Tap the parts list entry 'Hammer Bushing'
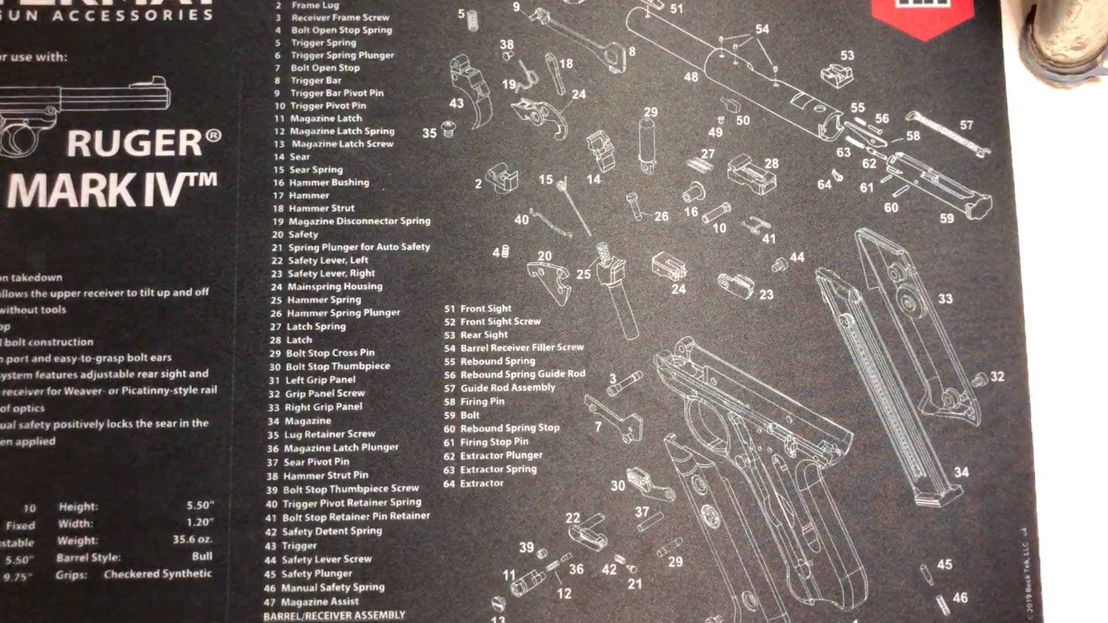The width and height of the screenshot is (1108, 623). coord(328,182)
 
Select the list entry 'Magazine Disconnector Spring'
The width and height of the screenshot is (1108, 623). coord(359,221)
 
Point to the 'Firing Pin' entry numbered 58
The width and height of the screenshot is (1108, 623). coord(482,401)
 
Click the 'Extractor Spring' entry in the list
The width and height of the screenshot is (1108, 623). coord(498,470)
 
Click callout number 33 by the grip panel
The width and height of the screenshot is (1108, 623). coord(945,299)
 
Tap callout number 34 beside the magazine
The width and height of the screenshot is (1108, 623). coord(961,472)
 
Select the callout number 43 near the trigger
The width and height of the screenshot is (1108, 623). coord(456,103)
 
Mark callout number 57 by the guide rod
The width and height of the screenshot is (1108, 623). coord(966,125)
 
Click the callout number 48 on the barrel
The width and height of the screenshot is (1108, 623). coord(691,77)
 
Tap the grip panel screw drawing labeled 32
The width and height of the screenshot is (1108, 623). coord(980,380)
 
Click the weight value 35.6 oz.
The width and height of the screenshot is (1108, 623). coord(193,539)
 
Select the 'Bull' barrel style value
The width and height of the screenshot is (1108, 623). coord(202,556)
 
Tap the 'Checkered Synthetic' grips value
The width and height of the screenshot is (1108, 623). coord(158,573)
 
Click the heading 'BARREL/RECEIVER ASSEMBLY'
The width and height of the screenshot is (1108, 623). coord(334,616)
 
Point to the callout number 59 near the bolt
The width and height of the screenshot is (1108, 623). coord(946,218)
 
